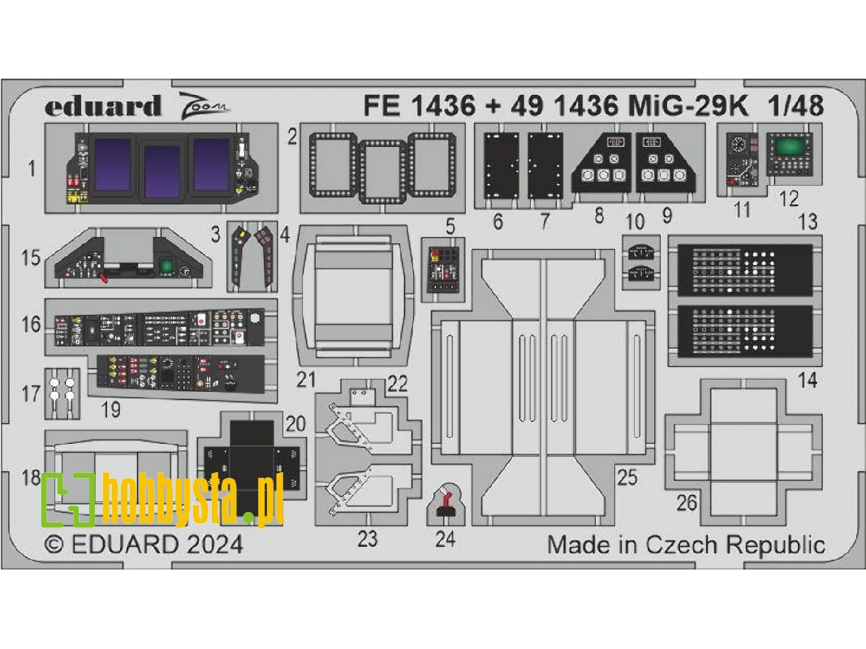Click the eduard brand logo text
click(x=103, y=106)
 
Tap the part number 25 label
click(x=627, y=478)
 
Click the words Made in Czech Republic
click(x=686, y=544)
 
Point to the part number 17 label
click(x=31, y=395)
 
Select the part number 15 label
click(x=31, y=259)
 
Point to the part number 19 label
click(x=110, y=410)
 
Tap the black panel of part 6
click(x=498, y=165)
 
